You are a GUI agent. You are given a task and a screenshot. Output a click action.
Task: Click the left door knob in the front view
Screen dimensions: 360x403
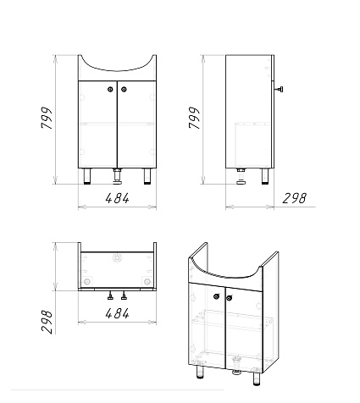coord(110,90)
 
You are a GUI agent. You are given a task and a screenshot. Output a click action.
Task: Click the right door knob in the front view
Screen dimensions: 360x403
coord(124,90)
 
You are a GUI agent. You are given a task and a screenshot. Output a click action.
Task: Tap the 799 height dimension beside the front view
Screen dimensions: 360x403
coord(47,118)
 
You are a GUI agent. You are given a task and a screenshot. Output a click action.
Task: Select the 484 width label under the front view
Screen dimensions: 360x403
coord(117,198)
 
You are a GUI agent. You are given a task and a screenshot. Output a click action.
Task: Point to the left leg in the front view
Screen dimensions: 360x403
coord(87,176)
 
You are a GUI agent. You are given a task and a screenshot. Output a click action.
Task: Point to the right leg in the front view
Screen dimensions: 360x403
coord(147,176)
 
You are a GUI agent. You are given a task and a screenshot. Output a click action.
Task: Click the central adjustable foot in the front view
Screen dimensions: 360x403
coord(117,177)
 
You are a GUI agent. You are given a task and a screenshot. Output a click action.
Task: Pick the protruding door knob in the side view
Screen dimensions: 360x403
coord(280,90)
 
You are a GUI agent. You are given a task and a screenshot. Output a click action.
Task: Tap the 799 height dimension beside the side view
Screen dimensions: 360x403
coord(194,118)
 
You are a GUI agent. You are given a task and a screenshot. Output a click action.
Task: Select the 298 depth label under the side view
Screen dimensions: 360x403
coord(294,198)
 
